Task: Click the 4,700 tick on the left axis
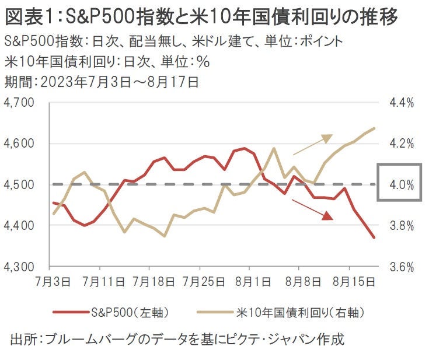19,103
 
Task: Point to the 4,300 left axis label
19,267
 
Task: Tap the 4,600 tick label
19,144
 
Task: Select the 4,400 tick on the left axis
19,226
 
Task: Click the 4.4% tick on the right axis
402,103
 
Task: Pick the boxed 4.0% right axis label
402,184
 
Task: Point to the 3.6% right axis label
402,267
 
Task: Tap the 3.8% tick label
402,226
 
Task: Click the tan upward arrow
312,145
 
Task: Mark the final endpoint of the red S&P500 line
374,237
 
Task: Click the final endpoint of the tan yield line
374,128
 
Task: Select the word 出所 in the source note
23,339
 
